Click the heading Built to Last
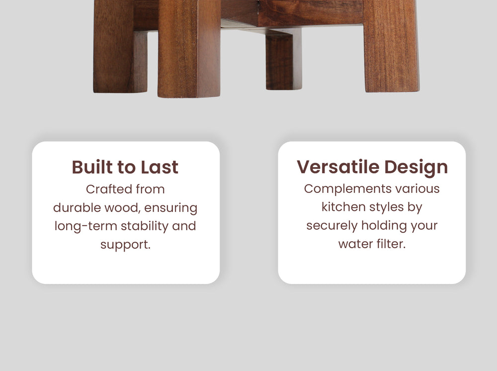125,167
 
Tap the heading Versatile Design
372,167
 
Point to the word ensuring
171,208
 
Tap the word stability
145,226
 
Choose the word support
125,245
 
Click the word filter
391,244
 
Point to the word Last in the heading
160,167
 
